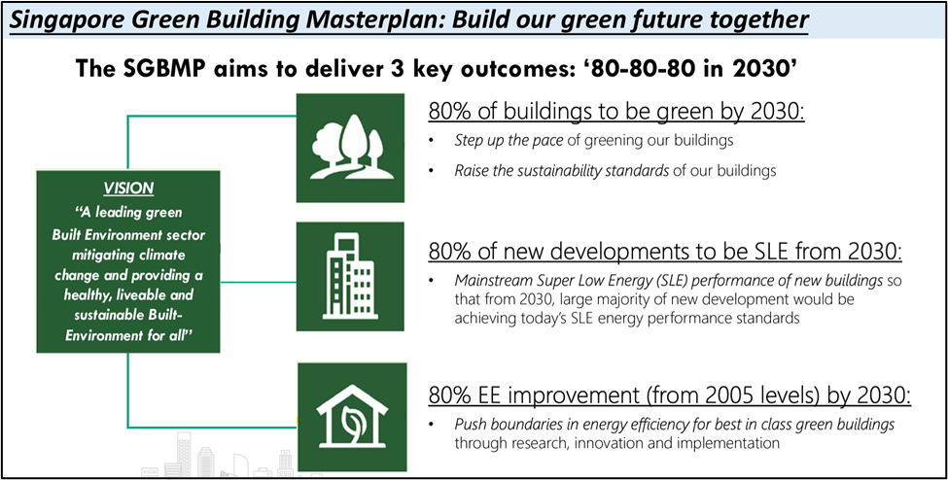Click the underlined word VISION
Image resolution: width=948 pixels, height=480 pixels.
point(128,188)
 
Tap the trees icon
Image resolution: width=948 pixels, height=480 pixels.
point(351,148)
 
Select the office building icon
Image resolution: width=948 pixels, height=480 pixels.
point(349,276)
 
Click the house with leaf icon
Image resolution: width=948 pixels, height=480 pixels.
point(351,416)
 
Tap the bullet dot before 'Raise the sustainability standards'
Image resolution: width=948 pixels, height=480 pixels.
point(431,171)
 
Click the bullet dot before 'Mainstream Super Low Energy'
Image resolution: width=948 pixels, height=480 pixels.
point(431,281)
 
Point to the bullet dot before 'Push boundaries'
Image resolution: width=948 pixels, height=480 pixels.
point(431,425)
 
